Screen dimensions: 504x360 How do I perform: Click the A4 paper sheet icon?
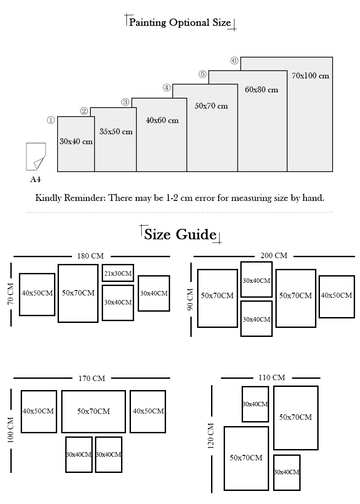pyautogui.click(x=36, y=156)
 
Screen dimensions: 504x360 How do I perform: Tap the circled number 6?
pyautogui.click(x=234, y=61)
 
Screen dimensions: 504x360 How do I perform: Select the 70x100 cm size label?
pyautogui.click(x=310, y=75)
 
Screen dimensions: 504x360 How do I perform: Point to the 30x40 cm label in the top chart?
pyautogui.click(x=76, y=141)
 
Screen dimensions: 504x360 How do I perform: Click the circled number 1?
pyautogui.click(x=51, y=120)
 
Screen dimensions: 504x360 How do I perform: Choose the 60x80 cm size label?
pyautogui.click(x=261, y=90)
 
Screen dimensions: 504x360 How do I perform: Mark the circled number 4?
pyautogui.click(x=166, y=87)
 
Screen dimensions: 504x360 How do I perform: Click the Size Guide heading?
pyautogui.click(x=180, y=234)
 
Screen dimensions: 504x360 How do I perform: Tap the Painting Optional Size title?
pyautogui.click(x=180, y=23)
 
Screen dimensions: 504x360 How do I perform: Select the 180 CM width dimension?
pyautogui.click(x=90, y=256)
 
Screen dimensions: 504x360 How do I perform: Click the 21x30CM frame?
pyautogui.click(x=118, y=273)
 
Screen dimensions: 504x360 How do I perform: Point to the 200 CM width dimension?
pyautogui.click(x=274, y=255)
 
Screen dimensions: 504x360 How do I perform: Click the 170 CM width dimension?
pyautogui.click(x=92, y=378)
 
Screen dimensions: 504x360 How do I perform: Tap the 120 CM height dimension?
pyautogui.click(x=211, y=436)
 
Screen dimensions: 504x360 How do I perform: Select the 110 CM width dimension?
pyautogui.click(x=272, y=377)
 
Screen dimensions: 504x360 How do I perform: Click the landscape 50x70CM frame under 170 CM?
pyautogui.click(x=94, y=411)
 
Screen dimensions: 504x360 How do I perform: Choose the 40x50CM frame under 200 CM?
pyautogui.click(x=337, y=296)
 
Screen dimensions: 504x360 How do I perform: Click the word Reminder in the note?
pyautogui.click(x=82, y=198)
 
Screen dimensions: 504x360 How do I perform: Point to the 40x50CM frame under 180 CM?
pyautogui.click(x=37, y=294)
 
